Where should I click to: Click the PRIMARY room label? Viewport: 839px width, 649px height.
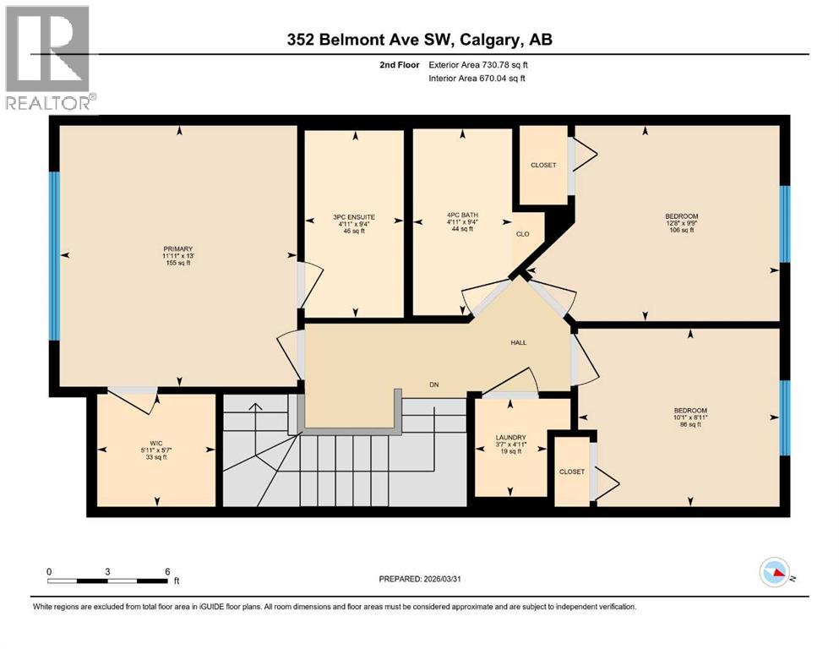(x=178, y=249)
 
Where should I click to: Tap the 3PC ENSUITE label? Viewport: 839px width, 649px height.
(x=354, y=217)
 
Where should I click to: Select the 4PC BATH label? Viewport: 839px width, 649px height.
(x=462, y=215)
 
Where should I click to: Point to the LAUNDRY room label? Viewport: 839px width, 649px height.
(x=510, y=438)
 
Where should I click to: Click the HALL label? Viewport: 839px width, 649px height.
(x=518, y=342)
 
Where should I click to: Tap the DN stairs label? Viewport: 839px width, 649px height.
(x=434, y=384)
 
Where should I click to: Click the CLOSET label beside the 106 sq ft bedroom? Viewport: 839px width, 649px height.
(x=543, y=165)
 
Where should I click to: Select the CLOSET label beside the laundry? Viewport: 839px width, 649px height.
(x=571, y=472)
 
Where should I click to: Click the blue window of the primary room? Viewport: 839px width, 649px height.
(x=55, y=255)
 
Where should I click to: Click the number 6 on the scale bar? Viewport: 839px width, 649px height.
(x=166, y=571)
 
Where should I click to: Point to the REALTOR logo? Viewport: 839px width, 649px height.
(x=48, y=58)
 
